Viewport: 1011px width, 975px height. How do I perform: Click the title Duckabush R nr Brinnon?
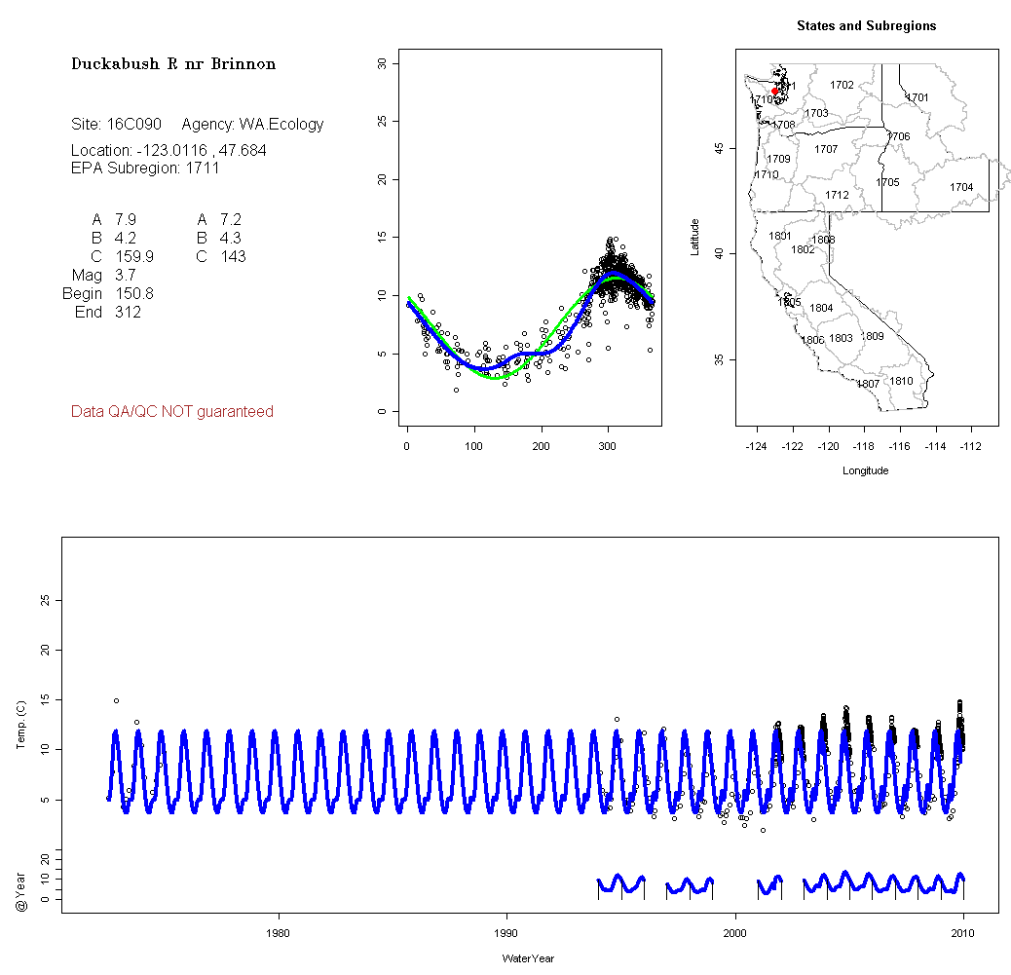[173, 64]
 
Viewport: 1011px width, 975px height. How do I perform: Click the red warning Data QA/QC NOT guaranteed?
[172, 412]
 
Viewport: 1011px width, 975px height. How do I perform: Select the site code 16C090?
[133, 125]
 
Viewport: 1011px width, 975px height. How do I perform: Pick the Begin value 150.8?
[133, 294]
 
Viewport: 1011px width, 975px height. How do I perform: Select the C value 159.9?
[133, 257]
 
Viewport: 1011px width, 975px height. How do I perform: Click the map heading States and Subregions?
[866, 26]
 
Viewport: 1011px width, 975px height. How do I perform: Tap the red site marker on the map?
[775, 92]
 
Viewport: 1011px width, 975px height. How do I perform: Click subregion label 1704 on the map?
[961, 187]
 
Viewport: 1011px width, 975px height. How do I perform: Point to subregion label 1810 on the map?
[902, 381]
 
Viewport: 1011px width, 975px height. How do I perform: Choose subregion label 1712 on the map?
[837, 195]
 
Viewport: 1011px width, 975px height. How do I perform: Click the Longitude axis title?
[865, 470]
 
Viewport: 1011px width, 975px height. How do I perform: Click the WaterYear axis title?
[528, 958]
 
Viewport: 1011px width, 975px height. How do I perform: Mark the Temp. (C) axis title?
[20, 730]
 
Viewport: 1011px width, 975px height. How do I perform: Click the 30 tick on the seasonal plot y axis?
[382, 63]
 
